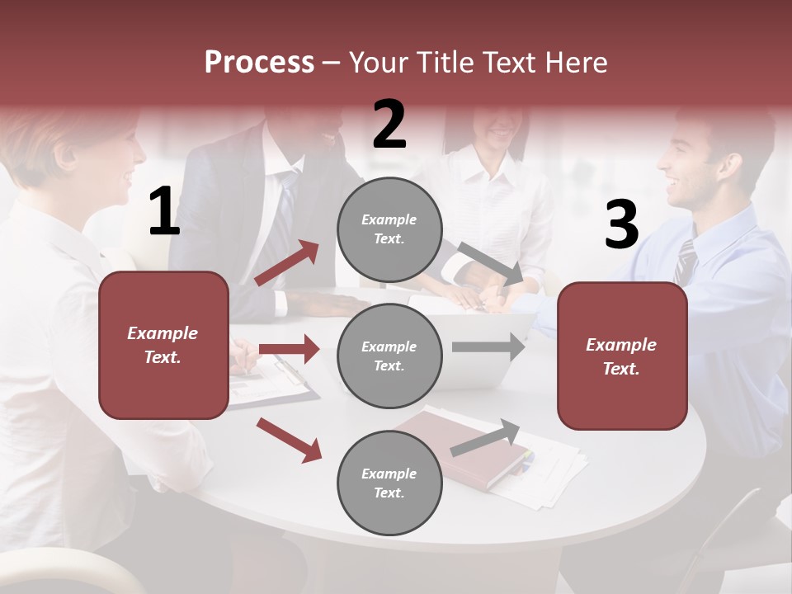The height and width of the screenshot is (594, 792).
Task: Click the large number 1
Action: tap(164, 212)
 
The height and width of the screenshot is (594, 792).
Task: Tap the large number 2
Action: tap(389, 125)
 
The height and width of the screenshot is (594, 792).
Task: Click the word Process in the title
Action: tap(259, 62)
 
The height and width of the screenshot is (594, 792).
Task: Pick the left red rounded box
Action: tap(163, 345)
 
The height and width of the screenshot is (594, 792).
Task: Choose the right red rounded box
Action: tap(622, 356)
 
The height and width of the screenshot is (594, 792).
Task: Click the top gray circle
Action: tap(389, 229)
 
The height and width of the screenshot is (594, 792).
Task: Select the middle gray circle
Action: tap(389, 356)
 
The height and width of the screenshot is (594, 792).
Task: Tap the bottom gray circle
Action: tap(389, 483)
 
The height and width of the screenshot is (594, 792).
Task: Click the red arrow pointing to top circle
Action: tap(287, 263)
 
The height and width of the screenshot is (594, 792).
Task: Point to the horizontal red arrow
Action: tap(289, 349)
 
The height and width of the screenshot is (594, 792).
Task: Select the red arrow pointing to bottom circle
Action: tap(289, 440)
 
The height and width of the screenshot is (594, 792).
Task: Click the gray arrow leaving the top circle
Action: tap(490, 264)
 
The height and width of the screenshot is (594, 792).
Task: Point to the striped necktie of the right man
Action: tap(685, 262)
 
